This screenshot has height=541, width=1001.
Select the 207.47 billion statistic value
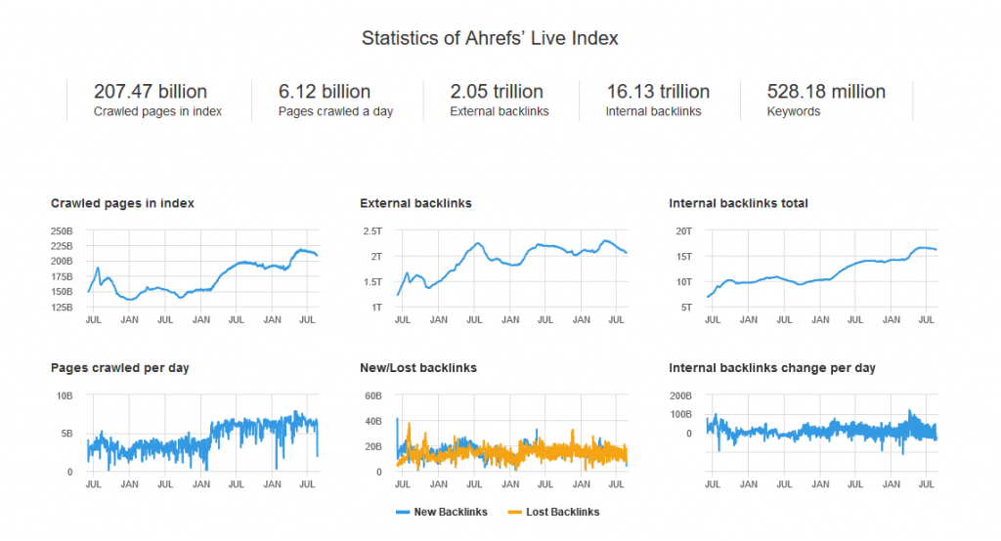click(x=151, y=92)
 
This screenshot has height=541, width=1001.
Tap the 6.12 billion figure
click(x=325, y=92)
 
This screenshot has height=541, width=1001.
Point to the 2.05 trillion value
click(x=497, y=92)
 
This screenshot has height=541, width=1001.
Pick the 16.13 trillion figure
click(x=658, y=92)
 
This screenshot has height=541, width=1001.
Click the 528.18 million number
click(x=827, y=92)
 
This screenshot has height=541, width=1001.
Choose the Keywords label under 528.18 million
click(x=794, y=112)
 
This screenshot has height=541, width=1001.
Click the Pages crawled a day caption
click(x=335, y=112)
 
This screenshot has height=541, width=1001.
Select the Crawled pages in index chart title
click(x=122, y=204)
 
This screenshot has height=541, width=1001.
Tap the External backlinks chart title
click(x=415, y=204)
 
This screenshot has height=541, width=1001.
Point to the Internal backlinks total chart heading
click(x=738, y=204)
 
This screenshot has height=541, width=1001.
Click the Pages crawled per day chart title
click(x=120, y=368)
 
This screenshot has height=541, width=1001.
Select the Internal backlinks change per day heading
click(x=772, y=368)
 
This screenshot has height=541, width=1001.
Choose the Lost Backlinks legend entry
click(x=554, y=512)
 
